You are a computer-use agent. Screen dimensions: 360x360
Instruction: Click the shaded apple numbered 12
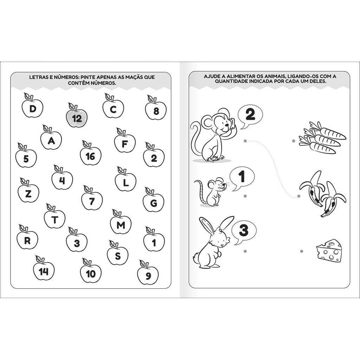(77, 117)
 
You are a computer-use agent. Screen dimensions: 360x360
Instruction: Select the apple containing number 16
(90, 155)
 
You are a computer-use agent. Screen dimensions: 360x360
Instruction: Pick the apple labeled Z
(28, 192)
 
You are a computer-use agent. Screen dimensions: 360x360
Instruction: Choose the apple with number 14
(44, 270)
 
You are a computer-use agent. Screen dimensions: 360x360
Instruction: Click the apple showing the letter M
(121, 224)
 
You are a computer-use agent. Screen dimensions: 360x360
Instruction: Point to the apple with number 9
(148, 275)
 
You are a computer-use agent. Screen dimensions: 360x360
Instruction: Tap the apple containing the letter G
(153, 202)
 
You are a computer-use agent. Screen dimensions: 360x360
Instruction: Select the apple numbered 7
(92, 200)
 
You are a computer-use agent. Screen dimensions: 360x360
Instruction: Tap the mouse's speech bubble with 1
(242, 178)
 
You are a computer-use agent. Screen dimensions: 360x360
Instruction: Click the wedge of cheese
(329, 251)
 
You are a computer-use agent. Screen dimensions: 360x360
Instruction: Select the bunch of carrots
(322, 137)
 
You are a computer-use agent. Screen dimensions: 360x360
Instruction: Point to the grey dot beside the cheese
(302, 251)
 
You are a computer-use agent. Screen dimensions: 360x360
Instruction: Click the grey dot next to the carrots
(294, 141)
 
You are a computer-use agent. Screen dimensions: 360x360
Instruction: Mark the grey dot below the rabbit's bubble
(245, 251)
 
